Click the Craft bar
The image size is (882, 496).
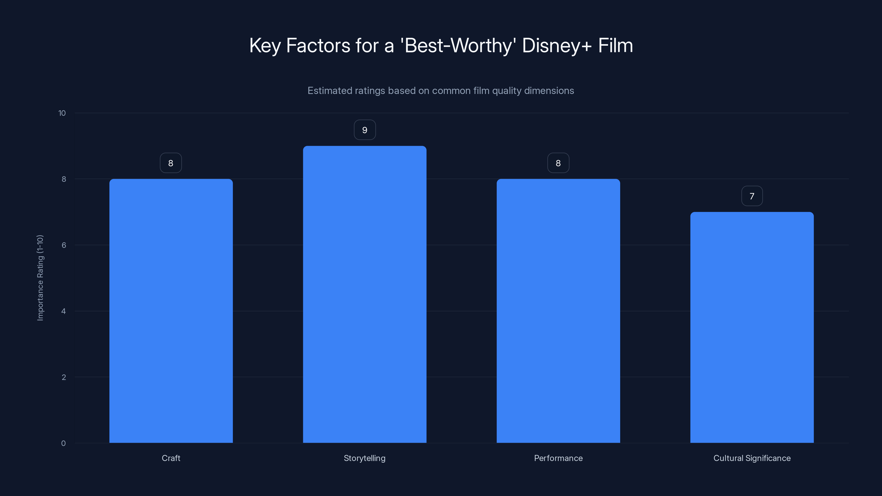coord(171,311)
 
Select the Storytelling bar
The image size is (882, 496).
coord(365,294)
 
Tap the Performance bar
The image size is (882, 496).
coord(558,311)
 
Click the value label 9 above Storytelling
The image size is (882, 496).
coord(365,130)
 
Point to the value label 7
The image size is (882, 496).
coord(752,196)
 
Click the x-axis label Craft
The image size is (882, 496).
coord(171,458)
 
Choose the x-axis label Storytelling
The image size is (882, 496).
coord(365,458)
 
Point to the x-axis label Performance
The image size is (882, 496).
coord(558,458)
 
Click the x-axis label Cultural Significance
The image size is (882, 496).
coord(752,458)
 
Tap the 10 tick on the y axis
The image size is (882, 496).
coord(62,113)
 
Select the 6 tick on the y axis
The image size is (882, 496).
coord(64,245)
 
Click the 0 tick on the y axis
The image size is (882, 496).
coord(63,443)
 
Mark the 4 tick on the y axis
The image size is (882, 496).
coord(64,311)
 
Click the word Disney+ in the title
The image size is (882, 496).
coord(557,45)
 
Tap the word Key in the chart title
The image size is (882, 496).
coord(265,45)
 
